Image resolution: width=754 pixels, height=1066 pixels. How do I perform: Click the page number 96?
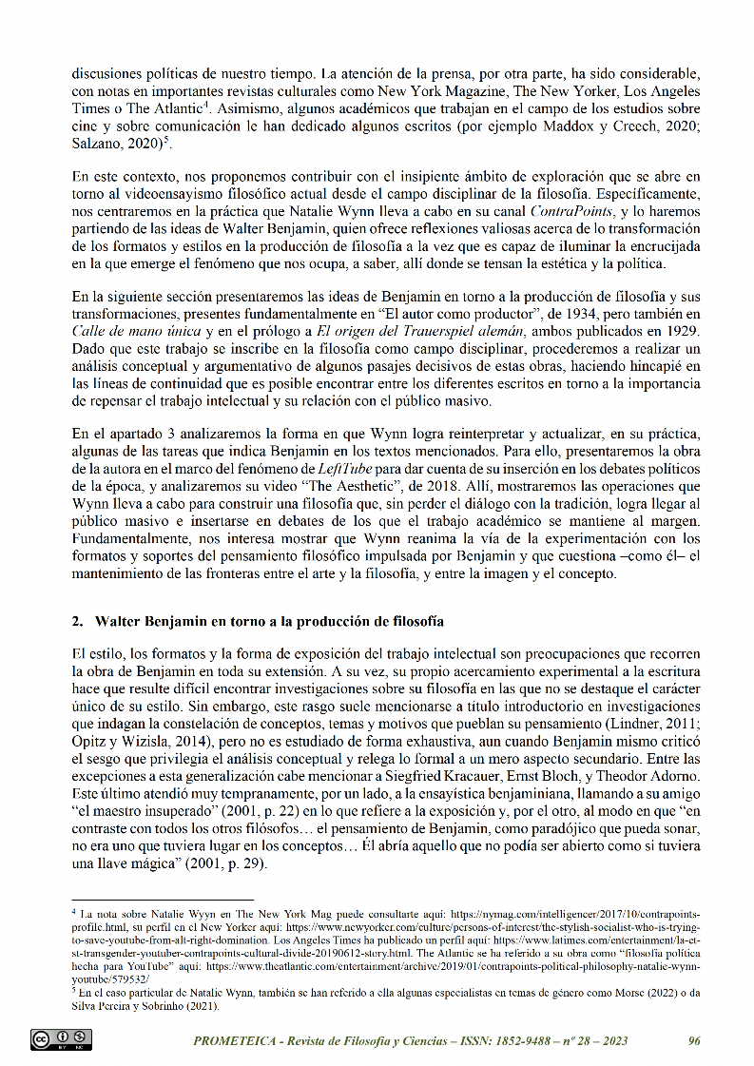tap(693, 1040)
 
